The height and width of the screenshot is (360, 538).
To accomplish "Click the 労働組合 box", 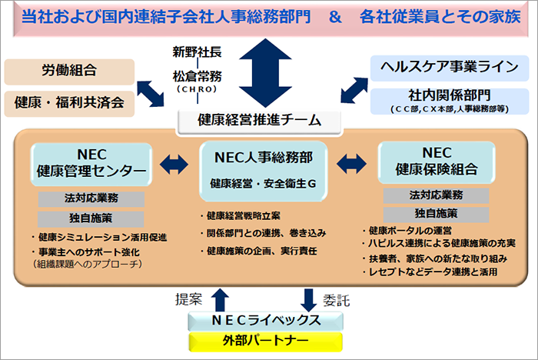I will point(69,71).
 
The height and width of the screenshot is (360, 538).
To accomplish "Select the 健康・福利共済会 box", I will point(69,102).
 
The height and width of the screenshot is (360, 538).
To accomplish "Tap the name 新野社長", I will point(197,53).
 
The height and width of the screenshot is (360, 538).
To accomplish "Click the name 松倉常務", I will point(197,76).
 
